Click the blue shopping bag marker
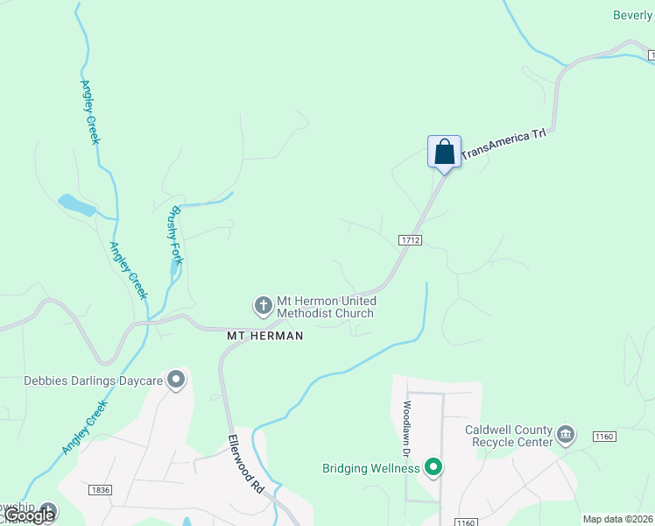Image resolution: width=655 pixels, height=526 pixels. (x=444, y=152)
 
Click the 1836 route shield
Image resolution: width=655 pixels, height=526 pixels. (x=99, y=490)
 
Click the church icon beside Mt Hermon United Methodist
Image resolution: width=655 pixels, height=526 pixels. (x=263, y=305)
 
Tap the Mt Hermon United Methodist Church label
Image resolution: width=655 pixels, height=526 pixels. (x=325, y=306)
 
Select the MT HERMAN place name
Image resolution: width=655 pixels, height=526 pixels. (x=264, y=336)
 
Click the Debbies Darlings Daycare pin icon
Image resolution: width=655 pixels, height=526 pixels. (x=177, y=380)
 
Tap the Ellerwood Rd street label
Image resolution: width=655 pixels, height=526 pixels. (x=245, y=464)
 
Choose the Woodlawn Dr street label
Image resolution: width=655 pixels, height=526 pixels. (x=407, y=430)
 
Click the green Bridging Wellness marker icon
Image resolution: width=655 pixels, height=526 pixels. (x=433, y=467)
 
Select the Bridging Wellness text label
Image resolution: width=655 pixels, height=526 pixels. (x=371, y=468)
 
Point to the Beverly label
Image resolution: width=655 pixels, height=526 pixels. (x=632, y=15)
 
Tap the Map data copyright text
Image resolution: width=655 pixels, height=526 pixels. (x=617, y=519)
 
